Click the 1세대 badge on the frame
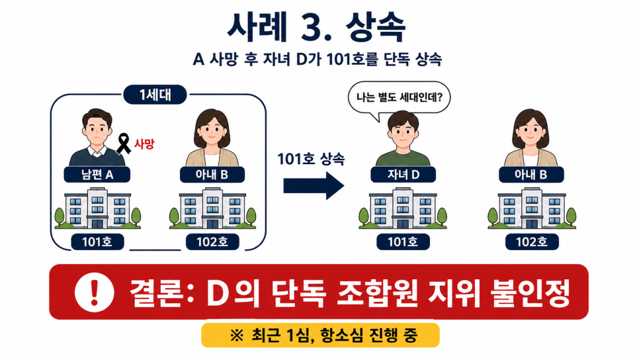pyautogui.click(x=155, y=95)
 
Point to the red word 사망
pyautogui.click(x=144, y=144)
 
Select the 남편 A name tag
pyautogui.click(x=97, y=175)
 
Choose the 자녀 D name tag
pyautogui.click(x=403, y=175)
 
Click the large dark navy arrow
pyautogui.click(x=314, y=186)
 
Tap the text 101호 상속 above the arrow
pyautogui.click(x=311, y=159)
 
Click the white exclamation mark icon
pyautogui.click(x=94, y=292)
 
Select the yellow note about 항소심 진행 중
pyautogui.click(x=320, y=335)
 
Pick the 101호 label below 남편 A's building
pyautogui.click(x=97, y=242)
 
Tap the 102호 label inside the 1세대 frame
pyautogui.click(x=212, y=242)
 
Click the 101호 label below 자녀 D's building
pyautogui.click(x=403, y=242)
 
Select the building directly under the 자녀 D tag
pyautogui.click(x=403, y=208)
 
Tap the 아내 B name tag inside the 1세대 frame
pyautogui.click(x=212, y=175)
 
